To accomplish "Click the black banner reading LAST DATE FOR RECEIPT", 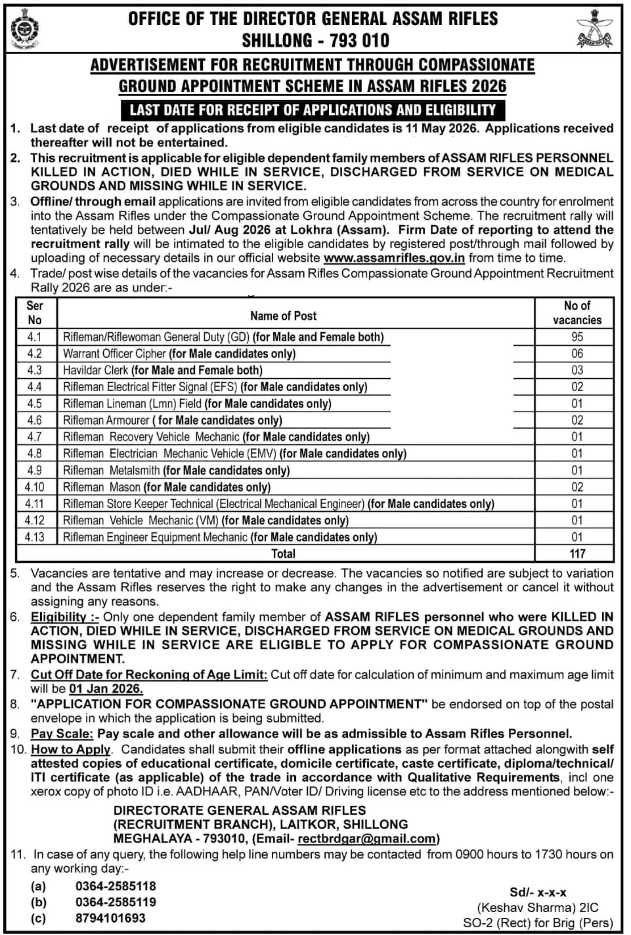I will [313, 110].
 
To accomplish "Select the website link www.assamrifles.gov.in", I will [394, 258].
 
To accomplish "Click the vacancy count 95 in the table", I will [577, 337].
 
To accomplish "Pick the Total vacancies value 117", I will [577, 554].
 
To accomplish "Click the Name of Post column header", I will [283, 316].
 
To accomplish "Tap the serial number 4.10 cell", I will [35, 487].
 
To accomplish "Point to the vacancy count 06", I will [577, 354].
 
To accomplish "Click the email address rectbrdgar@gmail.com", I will [367, 839].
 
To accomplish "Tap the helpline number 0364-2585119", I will [116, 902].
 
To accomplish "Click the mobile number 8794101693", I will [110, 918].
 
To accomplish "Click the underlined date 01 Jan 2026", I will [106, 689].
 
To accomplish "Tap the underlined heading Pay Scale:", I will [62, 734].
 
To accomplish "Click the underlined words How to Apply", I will [71, 750].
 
